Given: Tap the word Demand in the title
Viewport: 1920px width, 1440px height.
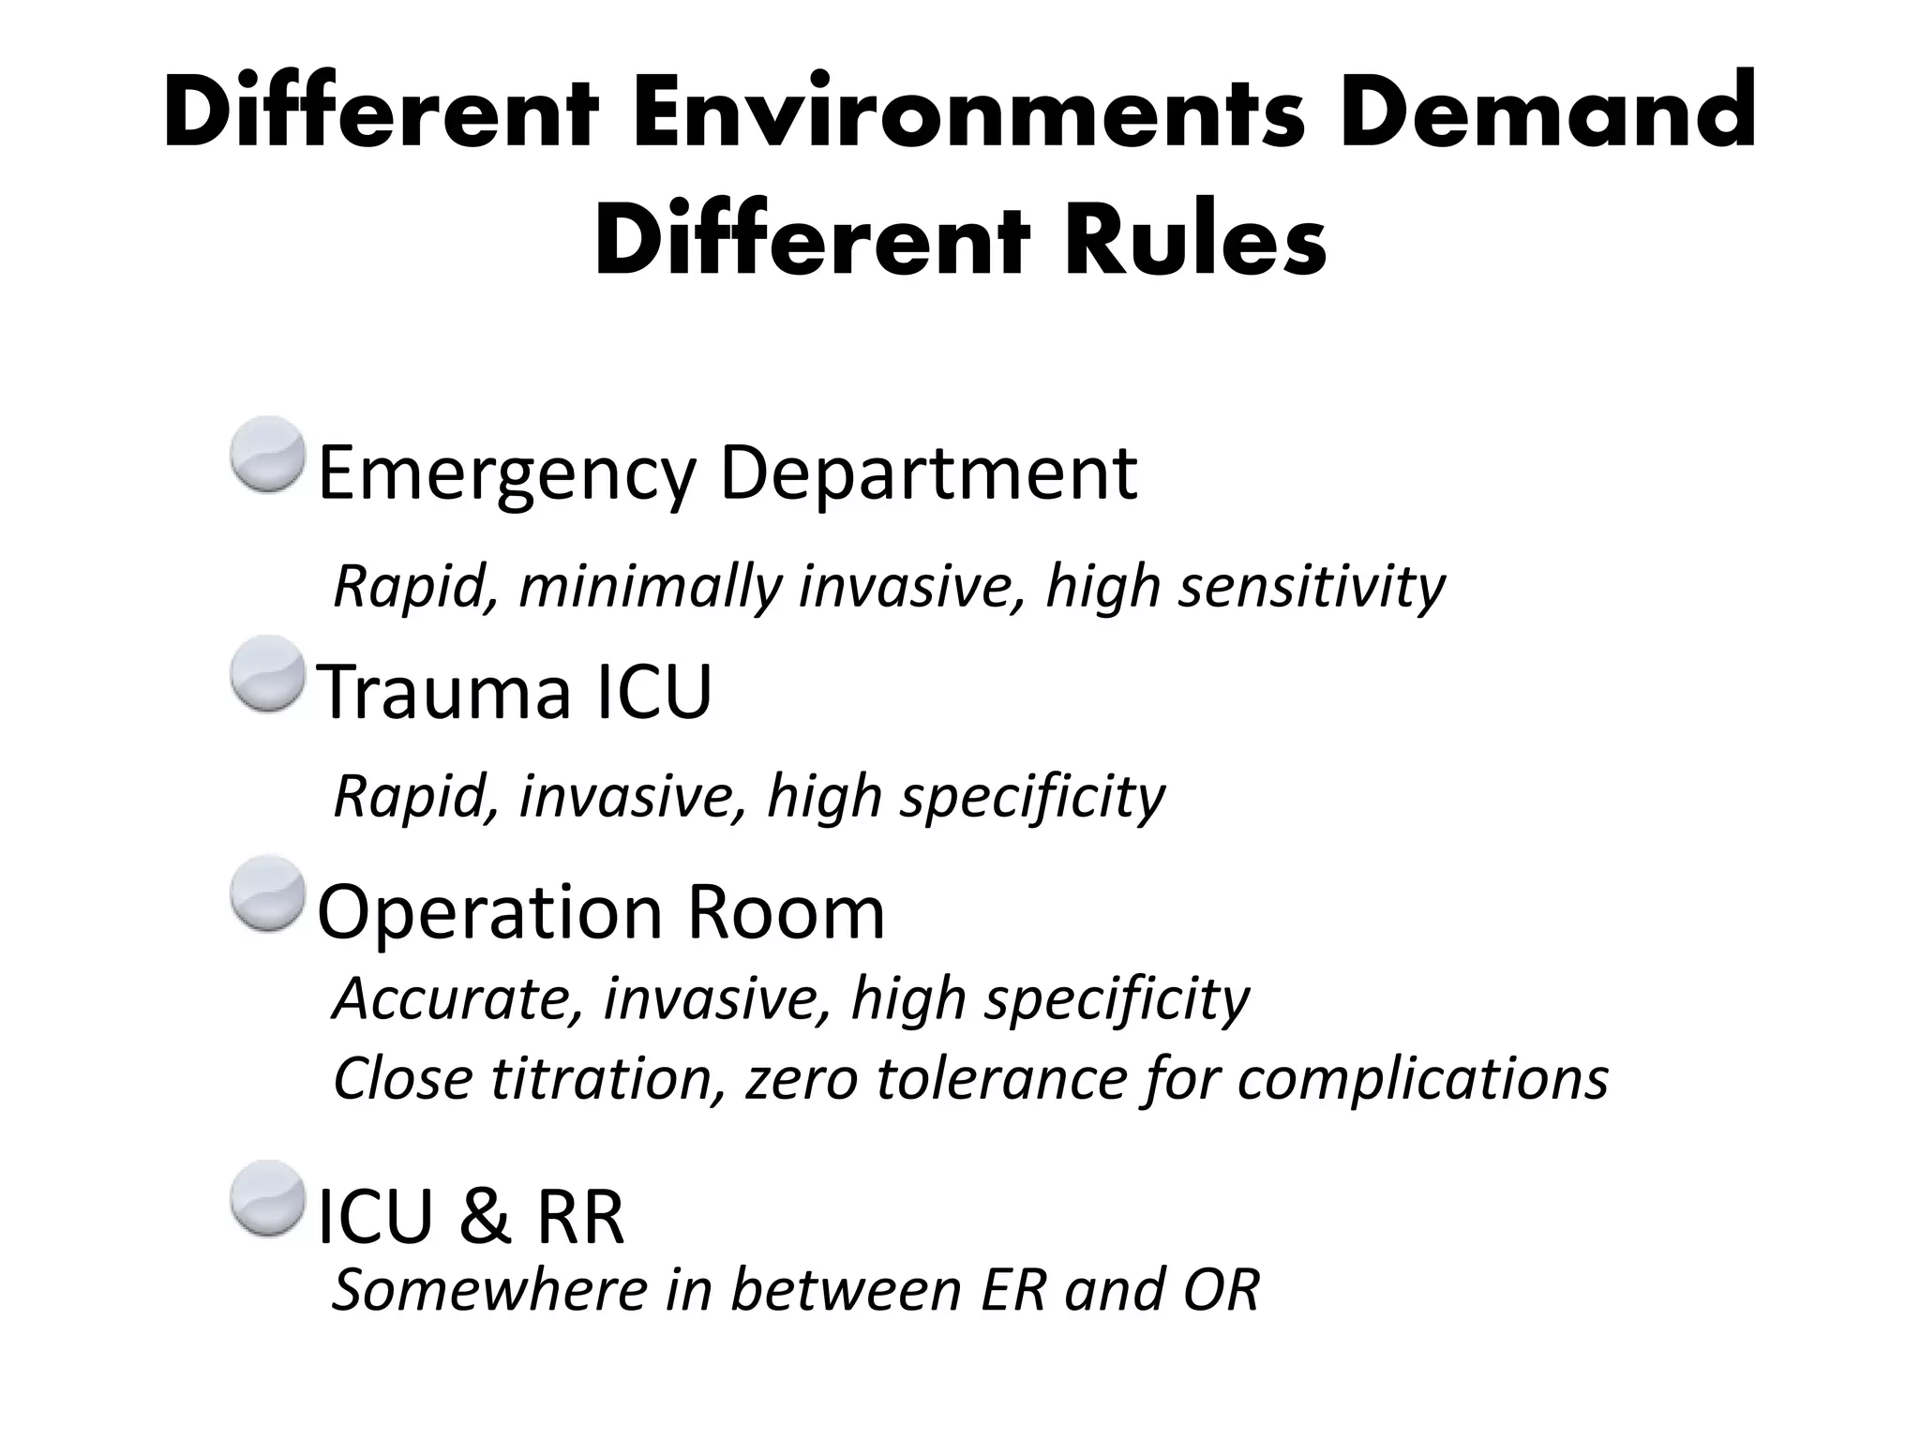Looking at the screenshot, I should [x=1547, y=114].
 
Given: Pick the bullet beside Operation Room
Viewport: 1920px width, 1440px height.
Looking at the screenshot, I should [x=268, y=892].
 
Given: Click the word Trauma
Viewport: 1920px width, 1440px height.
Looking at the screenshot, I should [x=445, y=692].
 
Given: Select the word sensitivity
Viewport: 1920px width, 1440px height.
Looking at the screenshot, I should [x=1312, y=588].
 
